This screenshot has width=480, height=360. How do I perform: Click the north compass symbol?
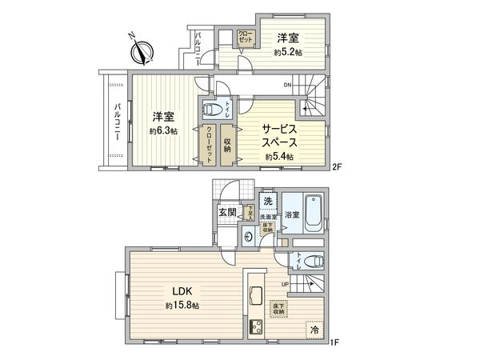pyautogui.click(x=142, y=50)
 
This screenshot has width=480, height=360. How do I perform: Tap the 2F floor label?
pyautogui.click(x=337, y=167)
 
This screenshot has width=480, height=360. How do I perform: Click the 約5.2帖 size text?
pyautogui.click(x=289, y=53)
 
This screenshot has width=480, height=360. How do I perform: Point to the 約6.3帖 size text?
pyautogui.click(x=162, y=130)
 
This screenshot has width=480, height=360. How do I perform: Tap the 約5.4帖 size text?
pyautogui.click(x=278, y=157)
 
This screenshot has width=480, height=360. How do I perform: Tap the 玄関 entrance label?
pyautogui.click(x=226, y=212)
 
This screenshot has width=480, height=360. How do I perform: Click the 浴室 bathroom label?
pyautogui.click(x=291, y=214)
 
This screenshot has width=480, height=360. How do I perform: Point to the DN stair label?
pyautogui.click(x=286, y=86)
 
